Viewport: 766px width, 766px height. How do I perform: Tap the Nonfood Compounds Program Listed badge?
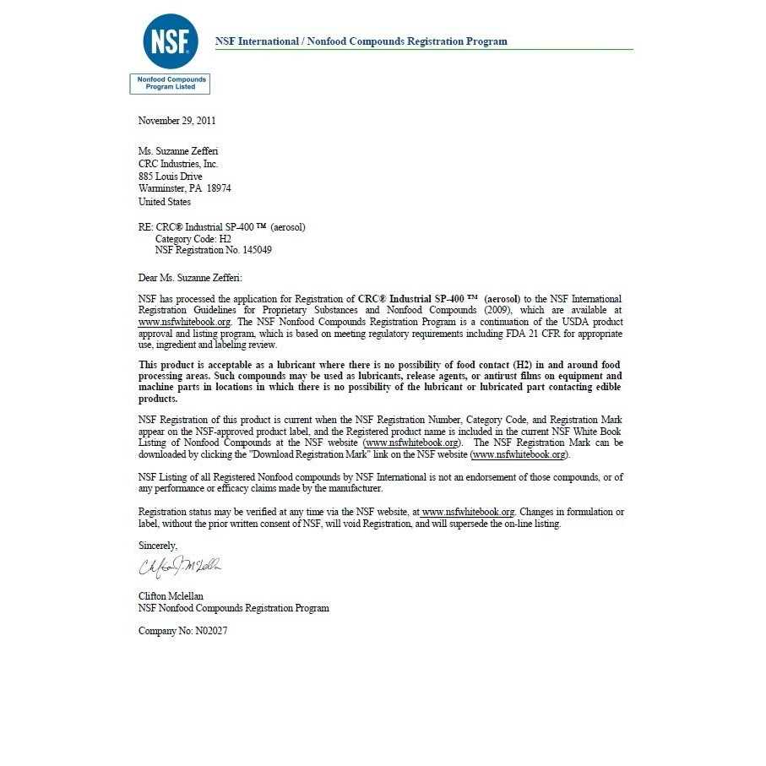point(170,83)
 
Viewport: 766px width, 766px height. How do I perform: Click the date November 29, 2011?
point(177,121)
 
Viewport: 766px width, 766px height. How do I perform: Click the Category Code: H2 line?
point(193,239)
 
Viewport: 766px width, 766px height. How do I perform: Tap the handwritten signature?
point(180,565)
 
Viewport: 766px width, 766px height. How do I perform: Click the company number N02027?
point(211,631)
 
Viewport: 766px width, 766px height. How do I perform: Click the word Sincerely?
point(158,546)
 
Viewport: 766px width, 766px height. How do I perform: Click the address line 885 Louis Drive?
point(170,177)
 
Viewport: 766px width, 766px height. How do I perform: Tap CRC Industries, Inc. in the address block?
point(178,164)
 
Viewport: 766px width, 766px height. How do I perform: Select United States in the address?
point(165,202)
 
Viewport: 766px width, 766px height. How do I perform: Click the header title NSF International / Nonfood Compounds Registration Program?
point(361,41)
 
